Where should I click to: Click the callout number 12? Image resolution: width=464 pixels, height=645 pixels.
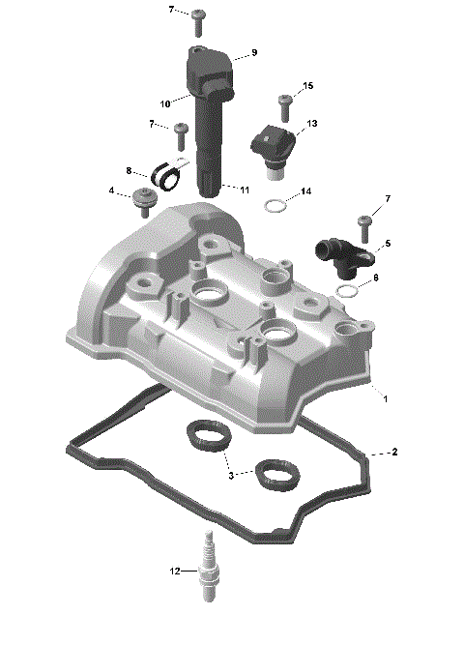pyautogui.click(x=175, y=572)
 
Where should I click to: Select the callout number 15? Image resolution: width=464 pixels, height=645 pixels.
pyautogui.click(x=308, y=87)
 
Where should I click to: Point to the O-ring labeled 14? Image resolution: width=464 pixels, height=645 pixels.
pyautogui.click(x=275, y=205)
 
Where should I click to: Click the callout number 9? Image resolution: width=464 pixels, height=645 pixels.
pyautogui.click(x=254, y=51)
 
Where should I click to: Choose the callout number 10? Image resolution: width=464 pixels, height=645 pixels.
pyautogui.click(x=165, y=103)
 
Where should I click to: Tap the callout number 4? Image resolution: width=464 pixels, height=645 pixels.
pyautogui.click(x=113, y=190)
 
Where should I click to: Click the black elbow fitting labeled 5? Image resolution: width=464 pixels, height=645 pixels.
pyautogui.click(x=333, y=252)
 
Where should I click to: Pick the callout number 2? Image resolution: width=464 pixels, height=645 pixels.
pyautogui.click(x=394, y=452)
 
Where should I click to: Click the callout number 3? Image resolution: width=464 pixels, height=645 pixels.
pyautogui.click(x=231, y=475)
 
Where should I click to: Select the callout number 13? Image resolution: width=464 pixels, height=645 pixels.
pyautogui.click(x=312, y=125)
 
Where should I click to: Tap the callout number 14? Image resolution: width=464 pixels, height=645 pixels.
pyautogui.click(x=306, y=191)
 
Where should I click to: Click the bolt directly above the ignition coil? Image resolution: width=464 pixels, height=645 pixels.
pyautogui.click(x=198, y=17)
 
